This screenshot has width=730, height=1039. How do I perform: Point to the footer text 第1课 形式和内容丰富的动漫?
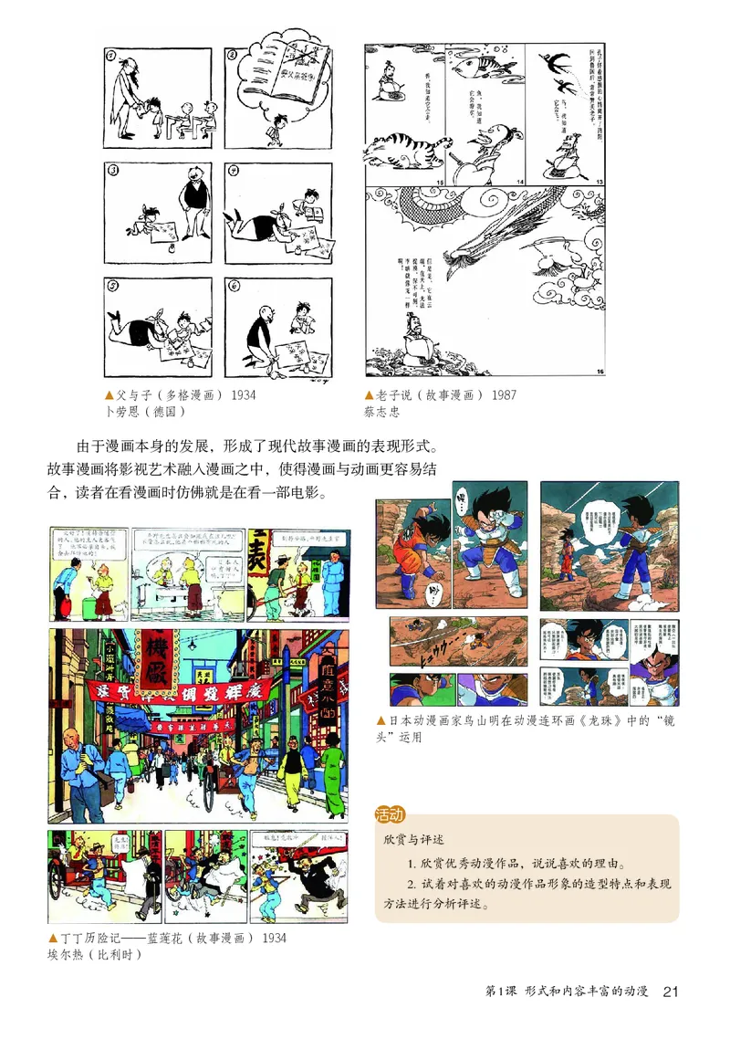566,992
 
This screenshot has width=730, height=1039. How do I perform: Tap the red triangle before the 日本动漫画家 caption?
381,721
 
